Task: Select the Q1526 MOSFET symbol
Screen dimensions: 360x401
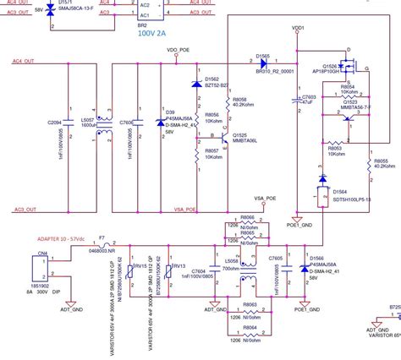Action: (349, 64)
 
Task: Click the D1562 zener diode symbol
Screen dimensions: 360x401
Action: (197, 85)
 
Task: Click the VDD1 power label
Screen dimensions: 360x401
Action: (298, 28)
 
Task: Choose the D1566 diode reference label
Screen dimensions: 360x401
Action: (319, 256)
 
